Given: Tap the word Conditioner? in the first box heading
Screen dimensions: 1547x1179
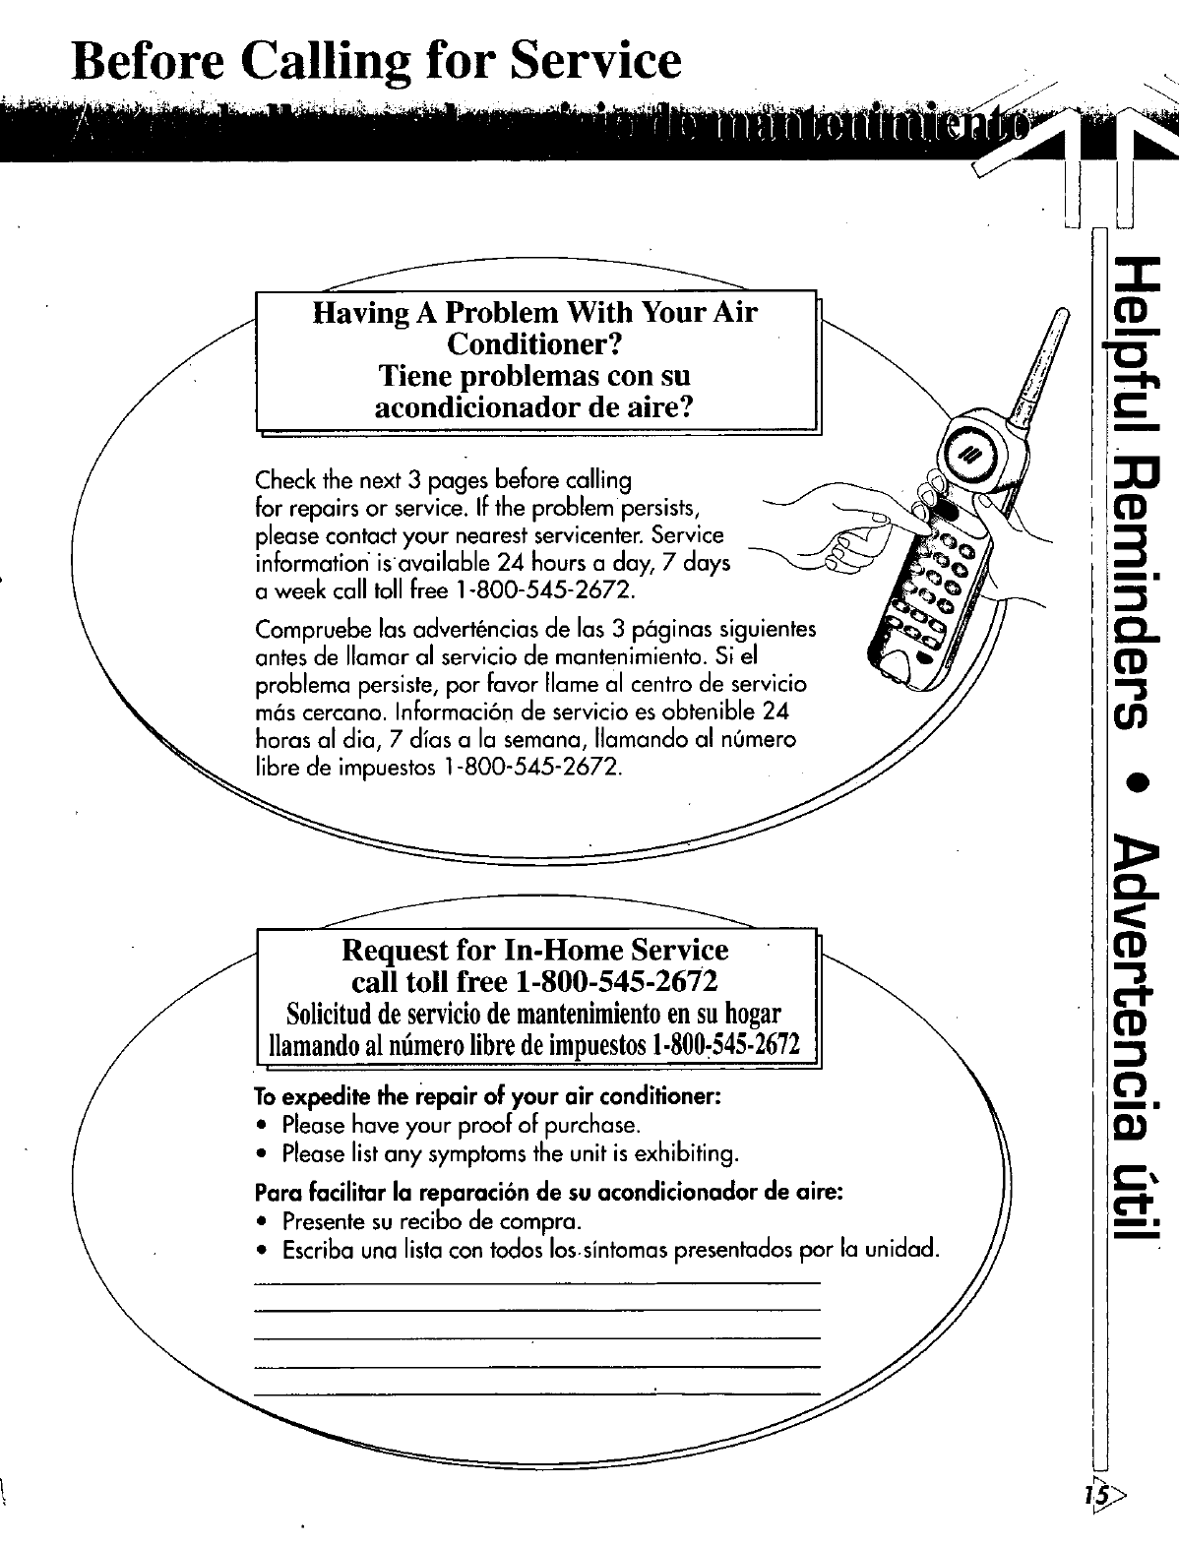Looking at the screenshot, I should point(536,344).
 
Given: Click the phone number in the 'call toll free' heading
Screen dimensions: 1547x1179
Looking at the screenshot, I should point(613,981).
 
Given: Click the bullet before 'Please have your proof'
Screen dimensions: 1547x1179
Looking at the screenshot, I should point(262,1125).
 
